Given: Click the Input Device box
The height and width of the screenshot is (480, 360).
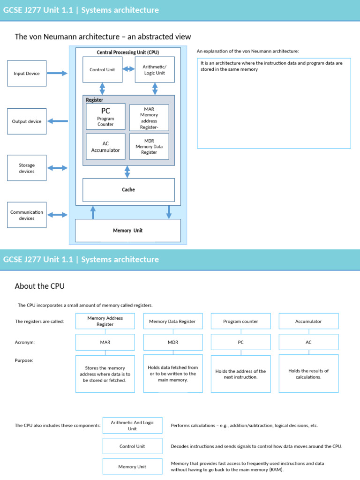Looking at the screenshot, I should point(27,73).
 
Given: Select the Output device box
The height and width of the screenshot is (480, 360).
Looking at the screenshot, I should point(27,121).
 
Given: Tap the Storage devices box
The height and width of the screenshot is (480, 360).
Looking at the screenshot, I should point(27,168).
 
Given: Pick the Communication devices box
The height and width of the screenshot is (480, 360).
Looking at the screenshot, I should point(27,215).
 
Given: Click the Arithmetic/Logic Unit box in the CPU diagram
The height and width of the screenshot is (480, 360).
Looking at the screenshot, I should point(155,70).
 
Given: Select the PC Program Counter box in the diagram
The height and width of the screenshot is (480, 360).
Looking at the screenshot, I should point(105,116).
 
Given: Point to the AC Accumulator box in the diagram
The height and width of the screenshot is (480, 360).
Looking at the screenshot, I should point(105,147).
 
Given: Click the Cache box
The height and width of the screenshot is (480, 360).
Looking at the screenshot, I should point(128,190).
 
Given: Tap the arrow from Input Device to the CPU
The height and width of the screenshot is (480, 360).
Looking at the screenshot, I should point(58,73).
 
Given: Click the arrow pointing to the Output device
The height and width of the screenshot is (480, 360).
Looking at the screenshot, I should point(58,121).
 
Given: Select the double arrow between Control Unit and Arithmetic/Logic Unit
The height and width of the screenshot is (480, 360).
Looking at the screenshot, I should point(128,69).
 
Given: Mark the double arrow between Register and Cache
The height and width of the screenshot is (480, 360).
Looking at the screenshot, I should point(127,172).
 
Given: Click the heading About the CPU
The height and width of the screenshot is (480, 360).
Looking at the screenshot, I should point(40,286).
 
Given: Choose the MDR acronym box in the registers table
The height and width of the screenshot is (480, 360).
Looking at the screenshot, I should point(173,342).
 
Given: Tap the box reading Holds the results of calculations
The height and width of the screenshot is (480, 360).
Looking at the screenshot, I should point(308,374).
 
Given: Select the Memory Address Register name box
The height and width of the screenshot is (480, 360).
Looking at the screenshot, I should point(105,321).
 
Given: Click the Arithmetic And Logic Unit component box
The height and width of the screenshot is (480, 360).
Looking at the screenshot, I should point(132,425).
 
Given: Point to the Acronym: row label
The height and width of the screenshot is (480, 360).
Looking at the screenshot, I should point(25,342).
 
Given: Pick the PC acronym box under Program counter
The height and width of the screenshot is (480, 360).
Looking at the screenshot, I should point(240,342).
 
